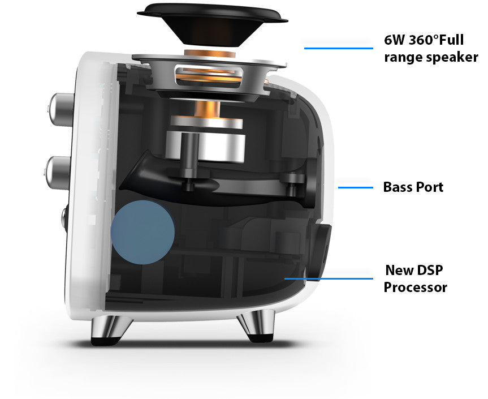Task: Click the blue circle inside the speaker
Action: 143,233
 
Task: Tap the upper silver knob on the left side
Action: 61,110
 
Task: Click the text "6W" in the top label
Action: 394,40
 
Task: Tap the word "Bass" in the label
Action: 398,187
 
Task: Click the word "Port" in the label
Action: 430,187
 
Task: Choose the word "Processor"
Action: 416,287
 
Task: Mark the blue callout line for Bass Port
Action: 356,187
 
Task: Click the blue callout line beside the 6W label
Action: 339,48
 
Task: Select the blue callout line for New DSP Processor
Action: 329,279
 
